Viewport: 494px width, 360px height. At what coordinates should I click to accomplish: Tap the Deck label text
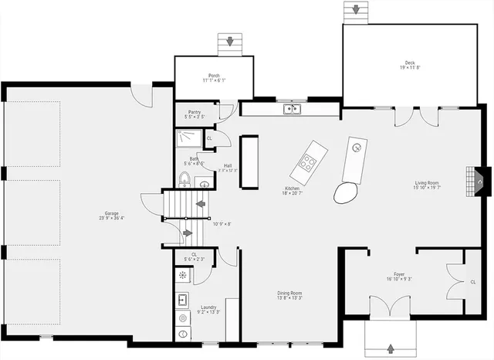tap(410, 63)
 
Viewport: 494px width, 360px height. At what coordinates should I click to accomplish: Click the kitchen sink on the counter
tap(291, 109)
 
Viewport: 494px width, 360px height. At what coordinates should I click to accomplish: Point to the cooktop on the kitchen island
tap(307, 163)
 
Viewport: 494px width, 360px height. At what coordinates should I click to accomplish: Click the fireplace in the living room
tap(479, 183)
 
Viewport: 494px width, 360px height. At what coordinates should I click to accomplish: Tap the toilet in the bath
tap(184, 180)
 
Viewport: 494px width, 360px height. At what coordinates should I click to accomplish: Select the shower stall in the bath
tap(188, 138)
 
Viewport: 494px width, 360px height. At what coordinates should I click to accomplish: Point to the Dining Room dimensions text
tap(289, 298)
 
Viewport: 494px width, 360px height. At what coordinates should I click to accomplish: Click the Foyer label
tap(399, 274)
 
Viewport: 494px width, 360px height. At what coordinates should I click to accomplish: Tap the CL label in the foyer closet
tap(472, 283)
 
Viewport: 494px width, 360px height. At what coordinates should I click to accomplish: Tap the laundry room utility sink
tap(184, 299)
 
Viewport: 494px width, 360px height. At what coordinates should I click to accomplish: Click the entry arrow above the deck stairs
tap(356, 9)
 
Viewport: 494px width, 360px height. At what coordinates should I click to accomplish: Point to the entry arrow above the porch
tap(228, 42)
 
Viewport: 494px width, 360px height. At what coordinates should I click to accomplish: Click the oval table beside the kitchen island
tap(347, 192)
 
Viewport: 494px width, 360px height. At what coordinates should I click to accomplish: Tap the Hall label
tap(228, 165)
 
